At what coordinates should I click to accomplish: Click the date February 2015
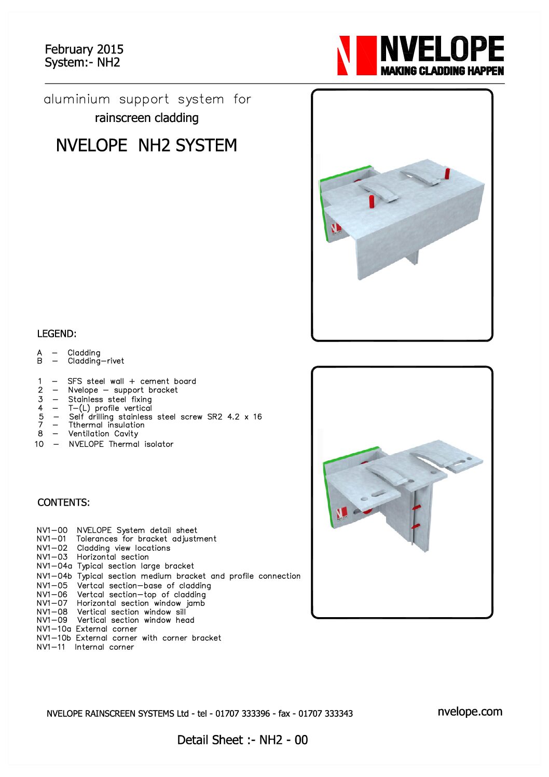click(x=84, y=49)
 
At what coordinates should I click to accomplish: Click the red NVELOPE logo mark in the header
click(x=356, y=56)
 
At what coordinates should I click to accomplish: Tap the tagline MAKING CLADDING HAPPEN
click(x=442, y=71)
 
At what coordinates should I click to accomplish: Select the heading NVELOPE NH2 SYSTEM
click(x=146, y=145)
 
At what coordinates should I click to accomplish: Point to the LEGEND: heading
click(x=57, y=334)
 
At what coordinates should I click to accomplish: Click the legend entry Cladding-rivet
click(x=96, y=361)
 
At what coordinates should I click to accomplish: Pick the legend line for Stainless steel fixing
click(x=110, y=399)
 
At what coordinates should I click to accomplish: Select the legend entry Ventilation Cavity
click(x=103, y=434)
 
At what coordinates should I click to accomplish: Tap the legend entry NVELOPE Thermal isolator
click(x=121, y=444)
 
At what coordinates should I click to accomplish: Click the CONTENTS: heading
click(x=63, y=502)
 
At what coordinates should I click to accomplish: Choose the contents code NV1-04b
click(x=54, y=576)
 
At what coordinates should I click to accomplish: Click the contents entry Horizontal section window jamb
click(x=141, y=603)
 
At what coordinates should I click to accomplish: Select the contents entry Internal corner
click(x=104, y=647)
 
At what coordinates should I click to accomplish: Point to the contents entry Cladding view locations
click(x=123, y=548)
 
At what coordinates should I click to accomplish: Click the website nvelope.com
click(x=470, y=712)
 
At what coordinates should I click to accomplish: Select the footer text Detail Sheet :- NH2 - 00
click(x=242, y=740)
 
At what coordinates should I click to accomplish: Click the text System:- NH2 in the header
click(x=82, y=63)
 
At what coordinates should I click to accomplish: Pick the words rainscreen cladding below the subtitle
click(x=146, y=118)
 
